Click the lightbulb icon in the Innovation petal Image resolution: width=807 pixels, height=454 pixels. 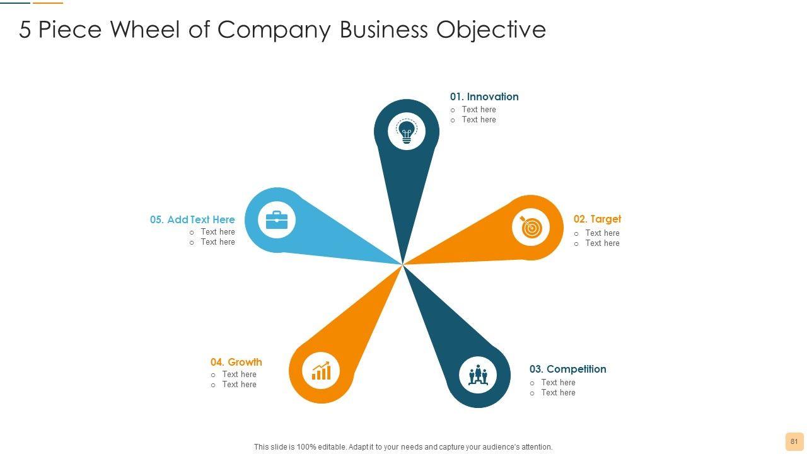click(x=407, y=132)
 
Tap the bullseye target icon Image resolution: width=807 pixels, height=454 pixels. click(x=531, y=227)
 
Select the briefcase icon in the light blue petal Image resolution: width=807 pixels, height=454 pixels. click(x=277, y=220)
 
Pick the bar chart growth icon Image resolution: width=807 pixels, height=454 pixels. click(x=321, y=370)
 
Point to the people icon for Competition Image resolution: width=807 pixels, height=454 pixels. click(x=478, y=376)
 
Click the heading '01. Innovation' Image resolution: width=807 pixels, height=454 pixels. click(x=484, y=96)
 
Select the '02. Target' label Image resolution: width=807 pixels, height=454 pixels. click(x=597, y=219)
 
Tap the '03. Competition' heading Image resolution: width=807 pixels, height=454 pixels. click(x=567, y=369)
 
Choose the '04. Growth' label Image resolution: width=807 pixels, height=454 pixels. click(x=236, y=362)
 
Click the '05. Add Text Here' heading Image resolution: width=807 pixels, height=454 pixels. click(x=192, y=219)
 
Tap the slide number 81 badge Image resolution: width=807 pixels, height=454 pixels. click(x=794, y=441)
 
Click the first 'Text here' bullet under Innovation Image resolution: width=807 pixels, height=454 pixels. click(x=479, y=110)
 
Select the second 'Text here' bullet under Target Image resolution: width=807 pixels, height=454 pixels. click(x=602, y=243)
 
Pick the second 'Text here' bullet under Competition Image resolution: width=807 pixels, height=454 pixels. click(x=558, y=393)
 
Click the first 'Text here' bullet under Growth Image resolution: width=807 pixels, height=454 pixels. click(x=239, y=375)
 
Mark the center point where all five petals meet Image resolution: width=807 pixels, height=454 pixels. click(x=402, y=265)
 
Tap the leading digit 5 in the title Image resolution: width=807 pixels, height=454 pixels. click(x=25, y=30)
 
